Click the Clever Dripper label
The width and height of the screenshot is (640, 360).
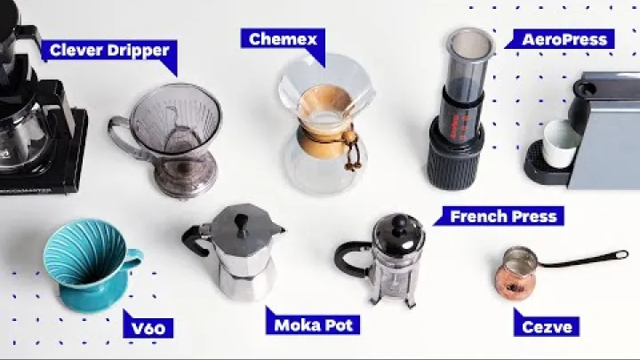pos(109,50)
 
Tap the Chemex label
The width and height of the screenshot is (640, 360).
pos(277,39)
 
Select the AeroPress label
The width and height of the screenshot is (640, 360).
pos(565,39)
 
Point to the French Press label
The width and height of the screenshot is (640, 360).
pos(502,216)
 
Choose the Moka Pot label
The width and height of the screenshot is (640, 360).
pos(312,324)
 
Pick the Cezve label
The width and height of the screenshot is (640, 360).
pos(546,325)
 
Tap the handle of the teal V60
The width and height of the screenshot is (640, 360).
pos(133,259)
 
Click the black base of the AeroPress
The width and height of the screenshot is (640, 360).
pos(454,160)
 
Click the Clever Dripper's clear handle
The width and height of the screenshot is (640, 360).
pos(119,142)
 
